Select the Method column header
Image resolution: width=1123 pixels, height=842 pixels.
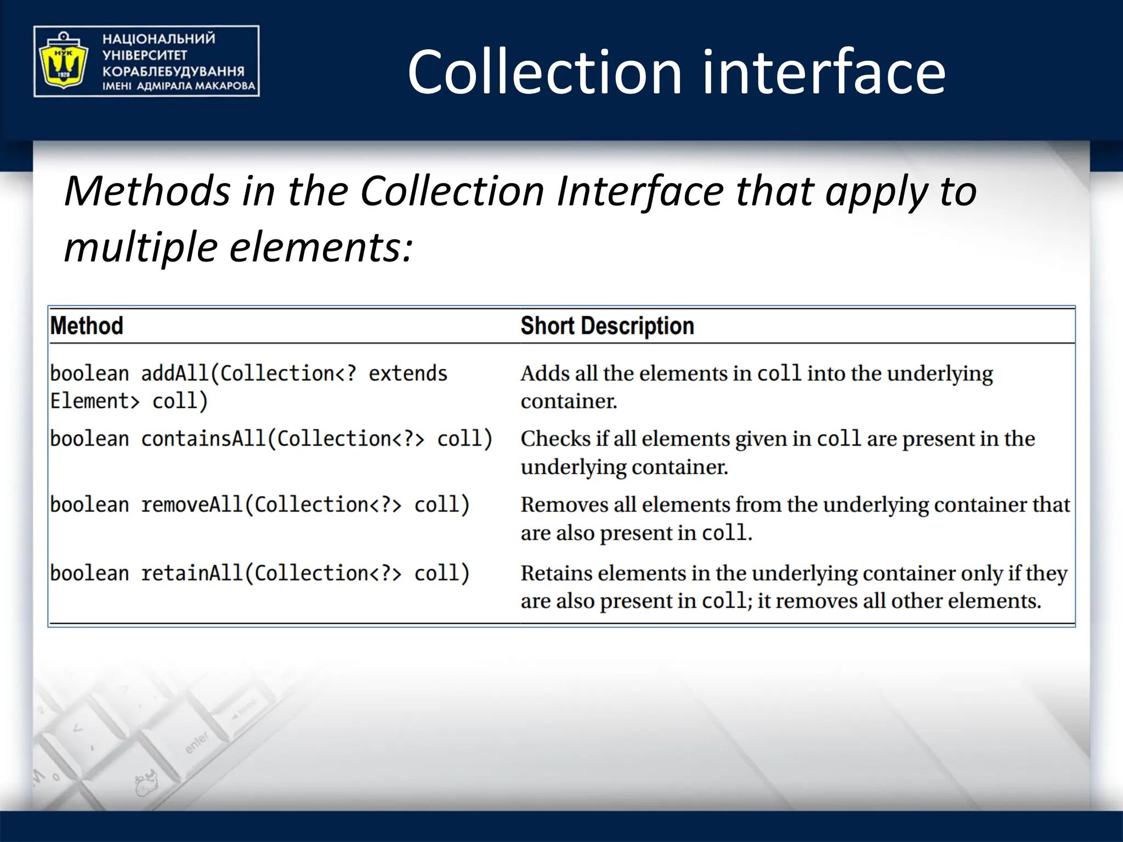click(x=87, y=326)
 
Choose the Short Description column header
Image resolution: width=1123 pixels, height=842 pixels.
click(x=607, y=326)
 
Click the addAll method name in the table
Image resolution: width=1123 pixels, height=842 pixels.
click(x=175, y=374)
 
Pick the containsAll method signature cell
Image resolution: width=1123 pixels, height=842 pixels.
click(x=271, y=439)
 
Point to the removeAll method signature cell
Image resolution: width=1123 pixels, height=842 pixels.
click(x=259, y=505)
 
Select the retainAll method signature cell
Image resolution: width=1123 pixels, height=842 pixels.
click(x=259, y=573)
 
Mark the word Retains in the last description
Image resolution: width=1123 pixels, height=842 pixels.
click(x=556, y=573)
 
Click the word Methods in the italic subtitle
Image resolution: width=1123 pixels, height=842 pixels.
click(x=148, y=191)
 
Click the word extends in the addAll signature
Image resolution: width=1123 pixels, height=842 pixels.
click(x=408, y=374)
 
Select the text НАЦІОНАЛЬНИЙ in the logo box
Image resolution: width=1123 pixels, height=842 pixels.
click(x=158, y=39)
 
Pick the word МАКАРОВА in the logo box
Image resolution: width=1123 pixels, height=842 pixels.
click(x=225, y=86)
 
